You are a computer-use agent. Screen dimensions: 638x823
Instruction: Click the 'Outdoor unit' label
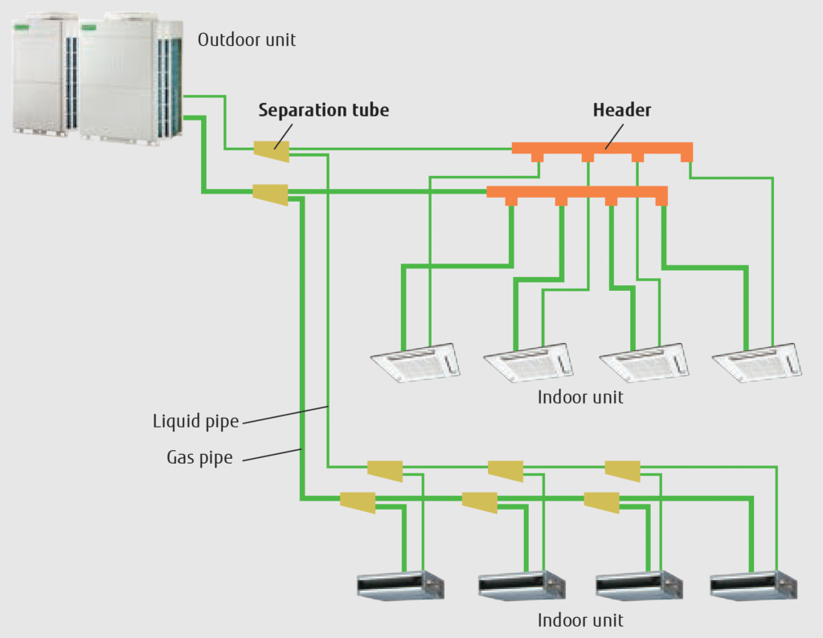pyautogui.click(x=246, y=39)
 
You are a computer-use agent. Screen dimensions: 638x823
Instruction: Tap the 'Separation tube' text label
pyautogui.click(x=323, y=110)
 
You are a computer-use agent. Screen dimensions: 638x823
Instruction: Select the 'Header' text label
pyautogui.click(x=621, y=110)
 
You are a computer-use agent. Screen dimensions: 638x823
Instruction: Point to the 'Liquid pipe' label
pyautogui.click(x=195, y=421)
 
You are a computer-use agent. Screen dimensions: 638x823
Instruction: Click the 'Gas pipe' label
pyautogui.click(x=199, y=458)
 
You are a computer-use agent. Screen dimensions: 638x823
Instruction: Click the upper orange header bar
pyautogui.click(x=602, y=149)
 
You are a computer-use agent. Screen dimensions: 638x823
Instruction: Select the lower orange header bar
pyautogui.click(x=577, y=193)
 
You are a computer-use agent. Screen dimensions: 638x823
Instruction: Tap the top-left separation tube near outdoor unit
pyautogui.click(x=271, y=149)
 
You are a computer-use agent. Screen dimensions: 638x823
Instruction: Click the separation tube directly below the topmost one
pyautogui.click(x=270, y=194)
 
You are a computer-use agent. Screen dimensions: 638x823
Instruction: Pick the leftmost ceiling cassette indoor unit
pyautogui.click(x=416, y=360)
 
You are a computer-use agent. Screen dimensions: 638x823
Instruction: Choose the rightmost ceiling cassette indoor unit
pyautogui.click(x=760, y=360)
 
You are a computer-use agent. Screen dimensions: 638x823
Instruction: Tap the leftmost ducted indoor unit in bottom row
pyautogui.click(x=400, y=586)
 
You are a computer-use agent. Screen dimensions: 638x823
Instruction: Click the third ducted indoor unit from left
pyautogui.click(x=636, y=586)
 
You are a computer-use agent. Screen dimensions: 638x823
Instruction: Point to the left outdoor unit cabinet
pyautogui.click(x=45, y=76)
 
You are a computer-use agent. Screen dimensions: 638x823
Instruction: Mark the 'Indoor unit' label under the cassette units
pyautogui.click(x=580, y=397)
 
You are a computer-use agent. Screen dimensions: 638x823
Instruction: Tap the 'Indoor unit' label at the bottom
pyautogui.click(x=580, y=620)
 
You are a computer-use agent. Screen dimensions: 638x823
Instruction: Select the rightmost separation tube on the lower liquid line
pyautogui.click(x=622, y=470)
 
